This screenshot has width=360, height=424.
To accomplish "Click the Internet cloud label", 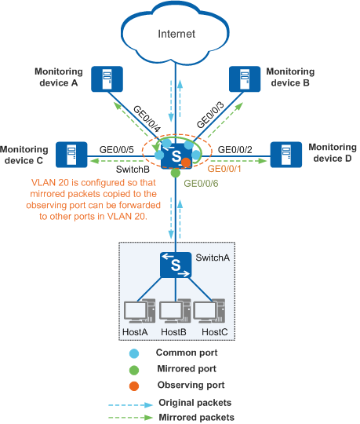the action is click(x=176, y=34).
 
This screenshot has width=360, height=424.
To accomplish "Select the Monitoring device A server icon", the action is click(x=107, y=79).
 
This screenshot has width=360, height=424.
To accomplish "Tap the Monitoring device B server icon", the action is click(x=245, y=79).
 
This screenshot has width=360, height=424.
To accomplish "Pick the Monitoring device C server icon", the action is click(x=71, y=155).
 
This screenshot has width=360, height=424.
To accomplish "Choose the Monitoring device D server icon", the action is click(x=286, y=155).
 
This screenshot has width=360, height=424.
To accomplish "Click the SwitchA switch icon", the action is click(x=176, y=265).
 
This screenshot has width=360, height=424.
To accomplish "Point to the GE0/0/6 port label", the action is click(x=201, y=184).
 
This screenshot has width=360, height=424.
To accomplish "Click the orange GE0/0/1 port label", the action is click(x=224, y=169).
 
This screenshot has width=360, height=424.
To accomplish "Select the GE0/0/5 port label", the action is click(x=116, y=149).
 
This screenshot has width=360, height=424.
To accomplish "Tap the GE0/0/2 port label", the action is click(x=235, y=149).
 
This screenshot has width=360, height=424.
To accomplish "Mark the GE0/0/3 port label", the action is click(x=210, y=115).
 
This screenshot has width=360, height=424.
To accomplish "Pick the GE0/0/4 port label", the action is click(x=147, y=119).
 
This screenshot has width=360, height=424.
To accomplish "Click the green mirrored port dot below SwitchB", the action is click(x=176, y=173).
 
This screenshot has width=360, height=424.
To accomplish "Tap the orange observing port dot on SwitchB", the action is click(x=186, y=163).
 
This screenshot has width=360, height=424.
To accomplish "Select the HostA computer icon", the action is click(x=140, y=311).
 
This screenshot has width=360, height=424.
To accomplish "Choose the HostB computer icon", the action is click(x=175, y=311).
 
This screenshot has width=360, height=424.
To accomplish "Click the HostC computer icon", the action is click(x=209, y=311).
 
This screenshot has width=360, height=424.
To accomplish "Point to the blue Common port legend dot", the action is click(x=134, y=353).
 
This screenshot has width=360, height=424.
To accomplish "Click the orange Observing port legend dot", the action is click(x=134, y=386).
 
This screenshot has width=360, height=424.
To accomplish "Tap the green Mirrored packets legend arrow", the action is click(x=131, y=418).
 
